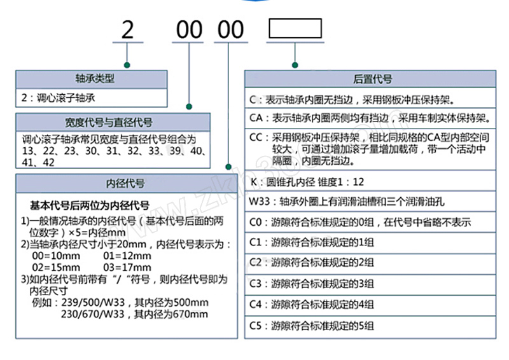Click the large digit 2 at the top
pyautogui.click(x=128, y=30)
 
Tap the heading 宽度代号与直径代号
pyautogui.click(x=112, y=122)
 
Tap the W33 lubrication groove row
pyautogui.click(x=371, y=203)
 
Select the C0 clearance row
pyautogui.click(x=371, y=223)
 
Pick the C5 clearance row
pyautogui.click(x=371, y=326)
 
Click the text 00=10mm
pyautogui.click(x=55, y=255)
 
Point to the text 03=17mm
pyautogui.click(x=127, y=267)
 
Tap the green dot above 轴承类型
pyautogui.click(x=127, y=64)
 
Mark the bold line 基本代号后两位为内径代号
pyautogui.click(x=90, y=206)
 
